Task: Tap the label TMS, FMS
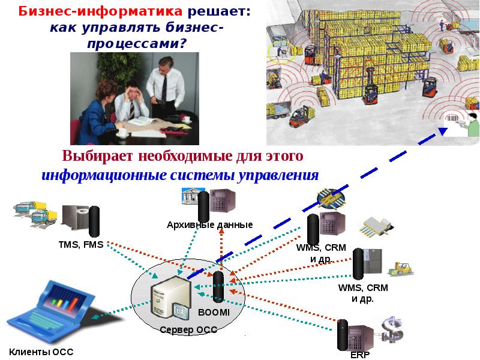coord(81,244)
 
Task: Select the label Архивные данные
coord(209,224)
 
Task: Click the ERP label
coord(361,355)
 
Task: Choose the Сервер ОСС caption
coord(188,329)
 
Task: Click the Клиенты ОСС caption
coord(41,352)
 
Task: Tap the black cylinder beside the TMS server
coord(94,221)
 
